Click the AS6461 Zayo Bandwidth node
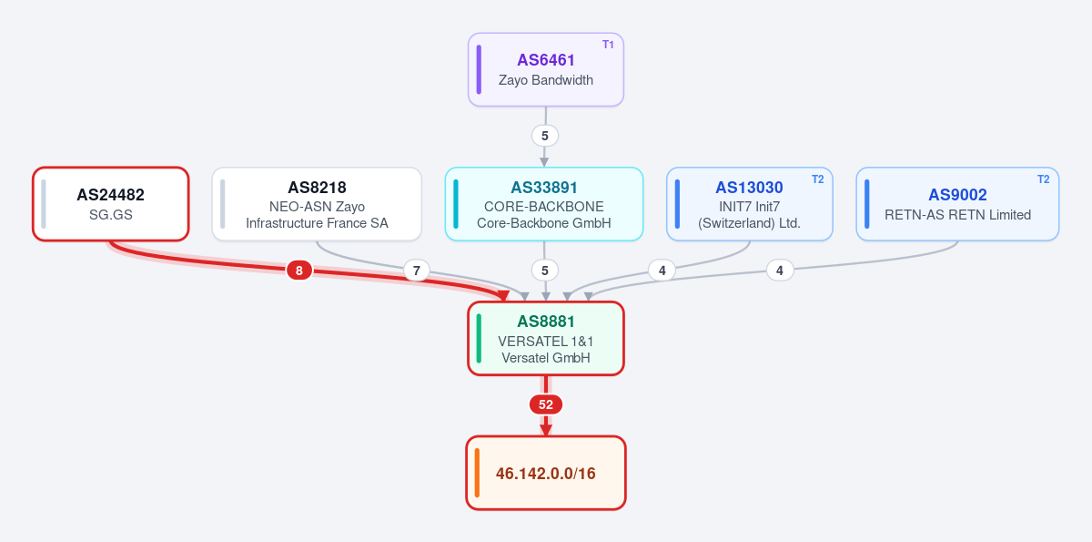pos(545,69)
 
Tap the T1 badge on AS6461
pos(608,45)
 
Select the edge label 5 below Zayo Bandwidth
pos(545,136)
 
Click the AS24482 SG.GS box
pos(111,204)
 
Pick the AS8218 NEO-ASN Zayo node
pos(317,204)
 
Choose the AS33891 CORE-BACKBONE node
pos(544,204)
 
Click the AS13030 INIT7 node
pos(750,204)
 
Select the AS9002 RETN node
pos(957,204)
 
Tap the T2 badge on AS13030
pos(817,179)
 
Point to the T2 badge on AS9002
pos(1043,179)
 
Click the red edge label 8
pos(299,271)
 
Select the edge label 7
pos(417,271)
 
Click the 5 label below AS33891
pos(545,271)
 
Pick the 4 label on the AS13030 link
pos(662,271)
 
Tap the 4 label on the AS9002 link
pos(780,271)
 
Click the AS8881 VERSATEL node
pos(545,339)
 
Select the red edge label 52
pos(545,404)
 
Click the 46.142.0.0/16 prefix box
pos(545,473)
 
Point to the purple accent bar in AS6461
pos(479,69)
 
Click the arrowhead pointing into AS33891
pos(544,161)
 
